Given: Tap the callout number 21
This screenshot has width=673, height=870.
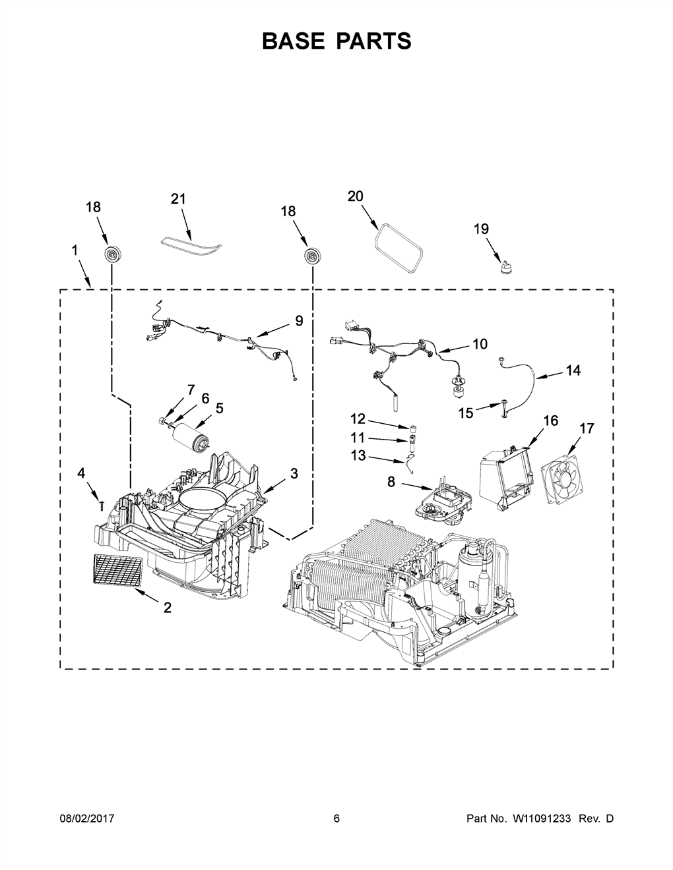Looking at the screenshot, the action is [178, 198].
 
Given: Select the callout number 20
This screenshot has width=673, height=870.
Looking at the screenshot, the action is [355, 196].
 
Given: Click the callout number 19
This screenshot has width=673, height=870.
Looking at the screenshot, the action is [482, 229].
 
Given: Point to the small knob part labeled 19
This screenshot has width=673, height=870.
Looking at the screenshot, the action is [507, 267].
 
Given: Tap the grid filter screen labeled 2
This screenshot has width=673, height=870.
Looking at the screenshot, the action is [118, 571].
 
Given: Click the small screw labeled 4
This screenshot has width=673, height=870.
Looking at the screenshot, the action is [102, 506].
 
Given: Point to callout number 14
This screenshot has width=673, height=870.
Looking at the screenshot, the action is [573, 370].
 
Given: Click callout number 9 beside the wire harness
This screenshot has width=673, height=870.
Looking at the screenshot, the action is [299, 321].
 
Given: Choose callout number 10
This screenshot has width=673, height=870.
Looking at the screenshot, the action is [480, 344].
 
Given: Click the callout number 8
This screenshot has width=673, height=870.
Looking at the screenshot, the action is [391, 482].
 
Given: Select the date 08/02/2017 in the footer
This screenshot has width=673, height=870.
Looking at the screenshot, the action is [87, 819].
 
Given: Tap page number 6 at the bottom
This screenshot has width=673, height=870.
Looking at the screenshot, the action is [336, 819].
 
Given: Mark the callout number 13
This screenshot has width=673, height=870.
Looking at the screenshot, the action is [358, 455].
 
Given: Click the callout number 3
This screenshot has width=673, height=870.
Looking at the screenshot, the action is [294, 473].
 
